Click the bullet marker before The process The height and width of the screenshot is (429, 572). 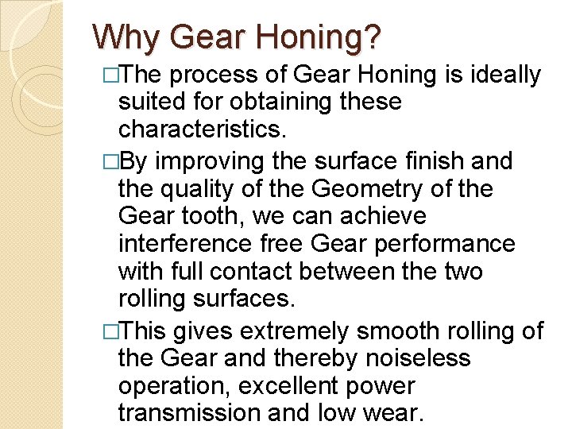(x=110, y=75)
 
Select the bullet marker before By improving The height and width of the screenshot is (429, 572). (x=110, y=161)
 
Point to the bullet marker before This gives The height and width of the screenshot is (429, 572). (x=110, y=331)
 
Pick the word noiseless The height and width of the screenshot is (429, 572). (x=419, y=359)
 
